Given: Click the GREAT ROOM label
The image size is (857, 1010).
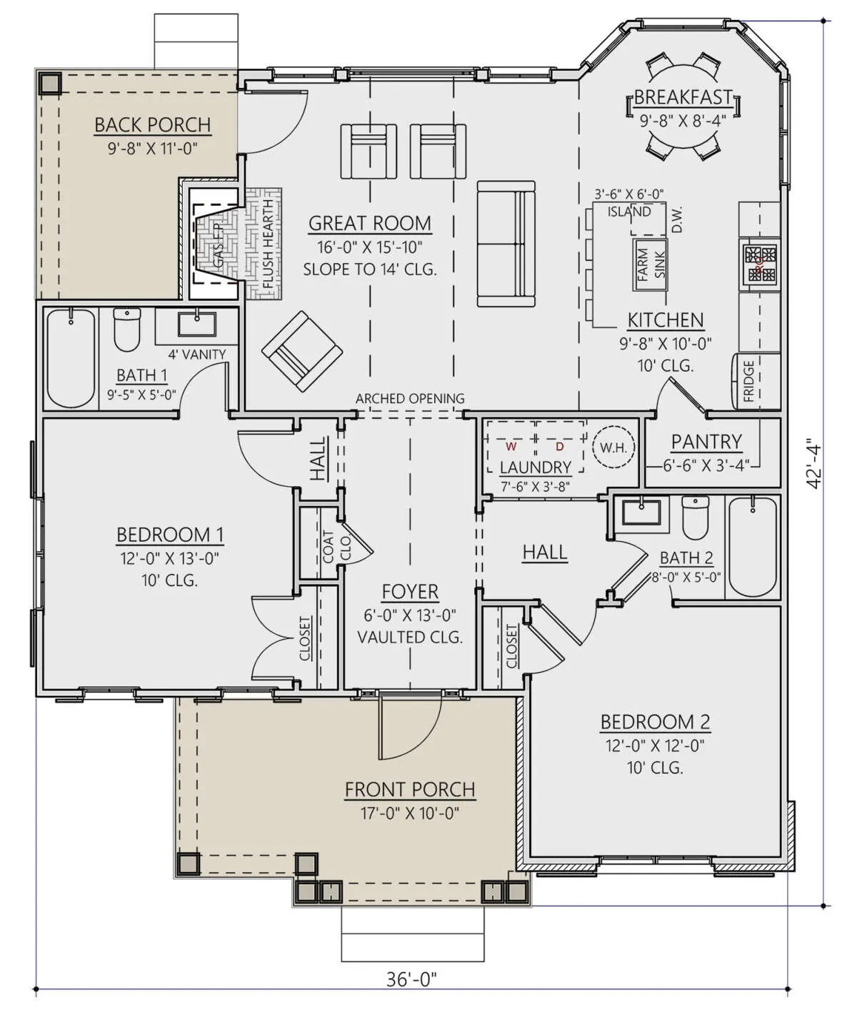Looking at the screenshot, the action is point(370,223).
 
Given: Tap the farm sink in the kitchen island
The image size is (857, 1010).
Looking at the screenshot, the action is point(650,264).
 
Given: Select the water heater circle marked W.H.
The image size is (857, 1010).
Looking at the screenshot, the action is point(613,447).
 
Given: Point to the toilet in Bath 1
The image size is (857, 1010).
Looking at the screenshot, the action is point(127,330).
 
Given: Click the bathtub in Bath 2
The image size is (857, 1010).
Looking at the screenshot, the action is point(753,547).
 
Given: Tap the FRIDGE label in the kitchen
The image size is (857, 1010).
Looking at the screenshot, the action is point(748,381).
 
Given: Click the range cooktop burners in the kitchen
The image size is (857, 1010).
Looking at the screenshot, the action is point(759,264).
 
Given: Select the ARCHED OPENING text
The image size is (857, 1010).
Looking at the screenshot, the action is point(410,399).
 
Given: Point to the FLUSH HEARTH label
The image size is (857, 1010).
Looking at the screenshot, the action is point(268,244).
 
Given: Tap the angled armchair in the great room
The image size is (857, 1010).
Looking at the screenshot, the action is point(302,351).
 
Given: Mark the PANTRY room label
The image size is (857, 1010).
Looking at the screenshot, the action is point(706,442).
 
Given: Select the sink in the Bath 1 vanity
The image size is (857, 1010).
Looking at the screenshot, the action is point(197,324).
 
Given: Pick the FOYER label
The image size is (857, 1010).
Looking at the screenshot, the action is point(410,592).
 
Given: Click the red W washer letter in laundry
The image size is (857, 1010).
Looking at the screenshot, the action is point(511,446).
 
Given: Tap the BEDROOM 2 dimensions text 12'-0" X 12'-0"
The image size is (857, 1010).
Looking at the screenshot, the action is point(655,746).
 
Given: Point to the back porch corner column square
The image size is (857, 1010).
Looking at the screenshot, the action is point(50,84).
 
